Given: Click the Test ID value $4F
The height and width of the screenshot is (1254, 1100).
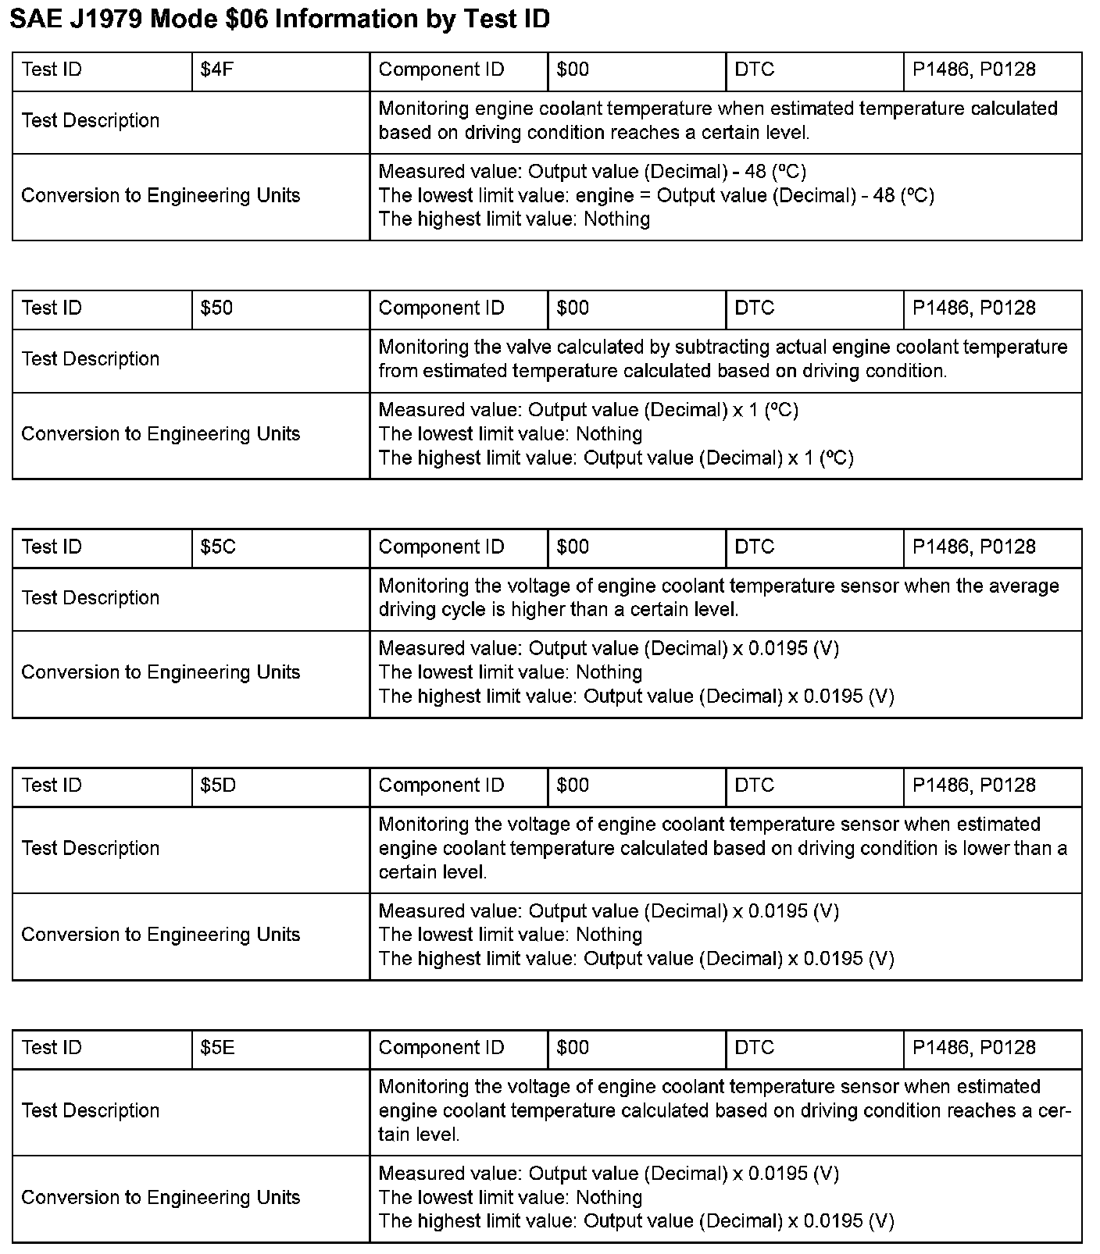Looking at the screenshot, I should pyautogui.click(x=217, y=70).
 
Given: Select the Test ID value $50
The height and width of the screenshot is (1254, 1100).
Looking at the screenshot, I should pyautogui.click(x=216, y=308).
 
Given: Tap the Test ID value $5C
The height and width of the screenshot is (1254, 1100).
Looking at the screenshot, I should pyautogui.click(x=218, y=547).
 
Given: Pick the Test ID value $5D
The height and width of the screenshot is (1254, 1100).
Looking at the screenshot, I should pyautogui.click(x=218, y=786).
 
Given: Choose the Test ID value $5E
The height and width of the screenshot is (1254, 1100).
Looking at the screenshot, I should pyautogui.click(x=217, y=1048).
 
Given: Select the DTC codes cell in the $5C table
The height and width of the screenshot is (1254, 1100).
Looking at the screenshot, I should pyautogui.click(x=973, y=547).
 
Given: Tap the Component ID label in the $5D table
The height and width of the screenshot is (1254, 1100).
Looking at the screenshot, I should pyautogui.click(x=441, y=786).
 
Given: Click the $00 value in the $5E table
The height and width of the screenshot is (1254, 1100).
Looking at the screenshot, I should pyautogui.click(x=573, y=1048).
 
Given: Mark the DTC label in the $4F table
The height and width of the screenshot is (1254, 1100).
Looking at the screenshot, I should pyautogui.click(x=755, y=70).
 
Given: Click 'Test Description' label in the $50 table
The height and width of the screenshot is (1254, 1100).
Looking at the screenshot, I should pyautogui.click(x=91, y=359).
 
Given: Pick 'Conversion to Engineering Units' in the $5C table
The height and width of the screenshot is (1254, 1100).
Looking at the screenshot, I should pyautogui.click(x=160, y=672).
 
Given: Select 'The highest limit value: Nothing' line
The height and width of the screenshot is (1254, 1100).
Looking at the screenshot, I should pyautogui.click(x=514, y=219).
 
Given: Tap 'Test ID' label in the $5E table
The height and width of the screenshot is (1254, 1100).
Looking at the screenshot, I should pyautogui.click(x=52, y=1048).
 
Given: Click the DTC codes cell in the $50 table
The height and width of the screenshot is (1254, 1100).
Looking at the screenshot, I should pyautogui.click(x=973, y=308).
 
